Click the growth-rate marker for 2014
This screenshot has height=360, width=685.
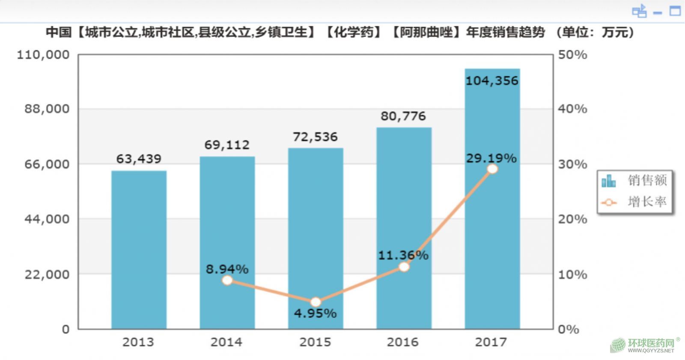tap(227, 280)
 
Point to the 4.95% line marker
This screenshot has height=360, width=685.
tap(316, 302)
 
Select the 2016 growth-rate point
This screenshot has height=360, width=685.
tap(404, 267)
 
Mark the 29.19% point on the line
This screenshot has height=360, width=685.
tap(492, 169)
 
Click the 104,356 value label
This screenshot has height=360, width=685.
tap(492, 80)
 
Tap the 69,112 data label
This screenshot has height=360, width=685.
tap(227, 145)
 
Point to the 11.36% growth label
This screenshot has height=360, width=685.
tap(403, 255)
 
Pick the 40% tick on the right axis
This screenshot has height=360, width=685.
tap(572, 109)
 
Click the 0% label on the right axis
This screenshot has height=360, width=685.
tap(568, 329)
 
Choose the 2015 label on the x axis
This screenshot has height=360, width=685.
tap(315, 342)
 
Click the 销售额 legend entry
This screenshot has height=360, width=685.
tap(635, 181)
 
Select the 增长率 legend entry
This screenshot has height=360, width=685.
tap(635, 202)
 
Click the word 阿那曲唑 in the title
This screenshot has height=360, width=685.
tap(426, 32)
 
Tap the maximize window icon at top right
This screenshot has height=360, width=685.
tap(675, 11)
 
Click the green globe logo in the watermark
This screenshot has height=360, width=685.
tap(618, 345)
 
